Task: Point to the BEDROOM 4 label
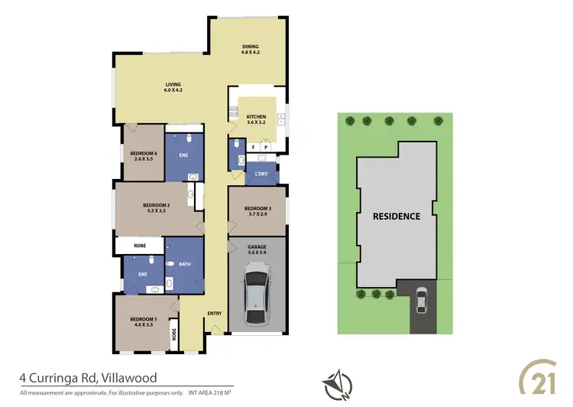coord(144,156)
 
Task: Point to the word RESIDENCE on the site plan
coord(396,217)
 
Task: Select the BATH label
coord(184,265)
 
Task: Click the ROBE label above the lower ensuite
coord(140,247)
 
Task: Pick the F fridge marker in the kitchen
coord(253,146)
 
